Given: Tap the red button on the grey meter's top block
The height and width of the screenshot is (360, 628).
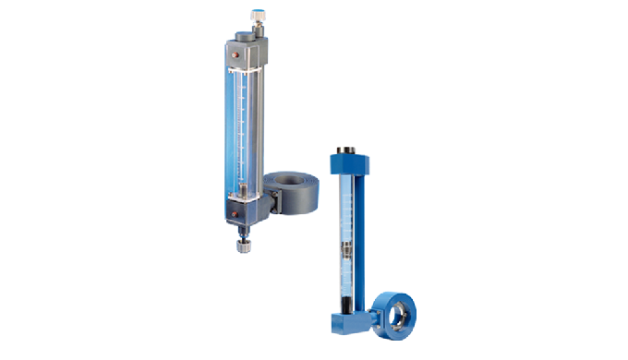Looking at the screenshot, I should (235, 54).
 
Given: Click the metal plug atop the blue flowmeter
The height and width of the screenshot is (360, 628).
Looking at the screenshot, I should (350, 149).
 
